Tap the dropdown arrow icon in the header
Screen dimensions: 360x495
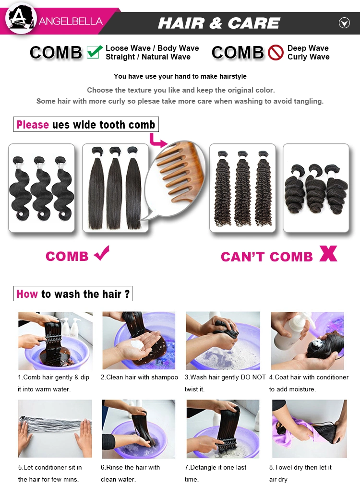click(x=344, y=23)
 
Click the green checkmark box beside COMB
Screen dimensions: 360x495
click(x=95, y=52)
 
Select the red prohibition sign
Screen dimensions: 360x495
click(x=276, y=52)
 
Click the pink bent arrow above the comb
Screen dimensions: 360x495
click(x=157, y=141)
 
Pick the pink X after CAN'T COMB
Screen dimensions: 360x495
click(x=328, y=253)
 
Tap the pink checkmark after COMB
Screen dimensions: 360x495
click(x=102, y=253)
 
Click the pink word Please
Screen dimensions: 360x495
click(x=33, y=125)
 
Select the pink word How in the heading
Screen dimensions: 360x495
click(x=27, y=294)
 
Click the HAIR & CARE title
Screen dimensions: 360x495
click(x=219, y=23)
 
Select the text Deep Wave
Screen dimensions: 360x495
click(x=308, y=48)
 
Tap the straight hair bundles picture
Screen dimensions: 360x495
click(x=115, y=188)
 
